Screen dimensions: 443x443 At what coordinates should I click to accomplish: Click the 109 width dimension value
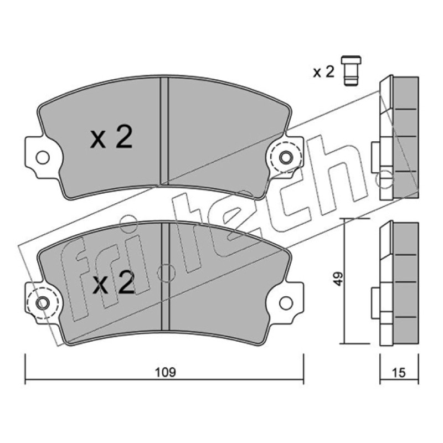point(165,372)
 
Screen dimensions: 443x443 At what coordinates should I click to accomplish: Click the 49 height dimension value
point(338,279)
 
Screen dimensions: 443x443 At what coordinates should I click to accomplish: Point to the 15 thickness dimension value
point(399,373)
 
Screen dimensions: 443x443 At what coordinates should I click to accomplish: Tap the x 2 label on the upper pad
point(111,137)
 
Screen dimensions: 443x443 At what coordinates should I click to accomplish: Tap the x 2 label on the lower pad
point(114,282)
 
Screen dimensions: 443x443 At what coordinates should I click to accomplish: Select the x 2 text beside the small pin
point(324,72)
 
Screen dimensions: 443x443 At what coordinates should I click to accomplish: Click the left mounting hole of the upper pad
point(43,157)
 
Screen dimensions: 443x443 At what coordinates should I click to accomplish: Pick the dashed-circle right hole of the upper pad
point(285,157)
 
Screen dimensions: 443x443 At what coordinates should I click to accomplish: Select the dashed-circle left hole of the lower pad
point(43,303)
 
